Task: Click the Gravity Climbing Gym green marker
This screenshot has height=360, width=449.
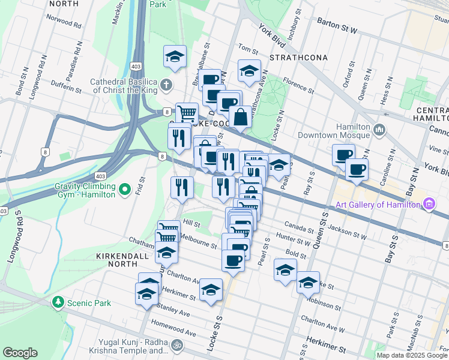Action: tap(125, 190)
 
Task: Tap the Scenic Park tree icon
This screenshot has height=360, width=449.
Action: tap(58, 302)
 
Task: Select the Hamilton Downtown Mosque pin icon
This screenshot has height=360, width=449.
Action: tap(380, 130)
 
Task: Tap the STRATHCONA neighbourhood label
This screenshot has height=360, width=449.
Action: tap(299, 58)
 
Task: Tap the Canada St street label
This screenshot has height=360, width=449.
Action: tap(299, 229)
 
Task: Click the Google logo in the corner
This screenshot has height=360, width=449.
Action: tap(20, 353)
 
